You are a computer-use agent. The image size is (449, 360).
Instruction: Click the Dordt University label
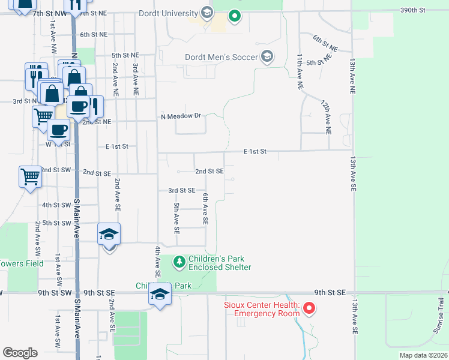[159, 13]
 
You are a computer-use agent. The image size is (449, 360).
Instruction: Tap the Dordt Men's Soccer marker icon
[267, 57]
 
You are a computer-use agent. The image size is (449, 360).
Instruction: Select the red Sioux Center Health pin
[309, 309]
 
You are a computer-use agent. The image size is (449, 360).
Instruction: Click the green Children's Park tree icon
[179, 262]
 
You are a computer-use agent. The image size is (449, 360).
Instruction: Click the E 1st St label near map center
[255, 152]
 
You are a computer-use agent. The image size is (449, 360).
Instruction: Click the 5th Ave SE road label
[176, 218]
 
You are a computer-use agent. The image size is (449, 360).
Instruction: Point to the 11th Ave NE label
[298, 71]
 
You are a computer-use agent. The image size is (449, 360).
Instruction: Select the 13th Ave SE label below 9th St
[355, 317]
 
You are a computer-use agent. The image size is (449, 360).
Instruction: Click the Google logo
[20, 353]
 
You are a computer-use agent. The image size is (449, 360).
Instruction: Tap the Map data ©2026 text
[423, 355]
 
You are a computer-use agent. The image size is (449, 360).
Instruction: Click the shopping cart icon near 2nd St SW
[30, 177]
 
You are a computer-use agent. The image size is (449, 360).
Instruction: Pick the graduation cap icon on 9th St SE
[159, 295]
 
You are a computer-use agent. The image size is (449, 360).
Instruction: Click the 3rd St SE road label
[182, 190]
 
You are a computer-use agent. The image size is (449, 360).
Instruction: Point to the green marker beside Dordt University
[235, 16]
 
